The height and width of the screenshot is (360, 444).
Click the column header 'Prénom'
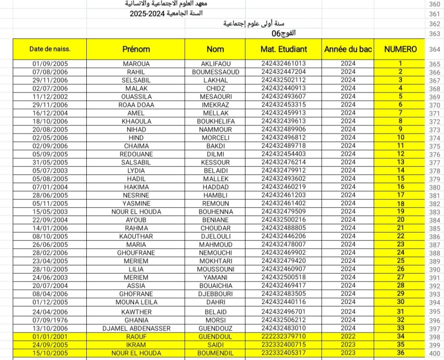tap(136, 49)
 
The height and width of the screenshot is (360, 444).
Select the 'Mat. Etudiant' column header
tap(284, 49)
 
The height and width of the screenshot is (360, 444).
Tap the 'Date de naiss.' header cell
tap(50, 49)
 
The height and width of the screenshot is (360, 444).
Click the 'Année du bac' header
tap(348, 49)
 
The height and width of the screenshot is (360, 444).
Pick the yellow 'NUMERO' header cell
tap(400, 49)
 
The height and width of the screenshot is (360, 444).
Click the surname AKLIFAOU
tap(215, 64)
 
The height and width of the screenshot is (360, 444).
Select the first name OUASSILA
tap(136, 97)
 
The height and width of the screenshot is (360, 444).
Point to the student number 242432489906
tap(284, 129)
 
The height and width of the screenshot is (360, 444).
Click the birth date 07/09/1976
tap(50, 320)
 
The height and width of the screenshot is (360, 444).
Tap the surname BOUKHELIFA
tap(215, 121)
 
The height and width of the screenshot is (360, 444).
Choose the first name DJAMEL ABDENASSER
tap(136, 328)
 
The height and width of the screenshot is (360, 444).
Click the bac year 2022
tap(348, 337)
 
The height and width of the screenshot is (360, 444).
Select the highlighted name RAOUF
tap(136, 337)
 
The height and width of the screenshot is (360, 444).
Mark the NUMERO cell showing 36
tap(400, 353)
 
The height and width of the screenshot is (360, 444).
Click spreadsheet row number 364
tap(434, 49)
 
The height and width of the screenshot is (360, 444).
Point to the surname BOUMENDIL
tap(215, 353)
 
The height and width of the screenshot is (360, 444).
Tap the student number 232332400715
tap(284, 345)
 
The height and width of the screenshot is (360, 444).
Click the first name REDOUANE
tap(136, 154)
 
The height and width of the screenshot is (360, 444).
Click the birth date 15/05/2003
tap(50, 211)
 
